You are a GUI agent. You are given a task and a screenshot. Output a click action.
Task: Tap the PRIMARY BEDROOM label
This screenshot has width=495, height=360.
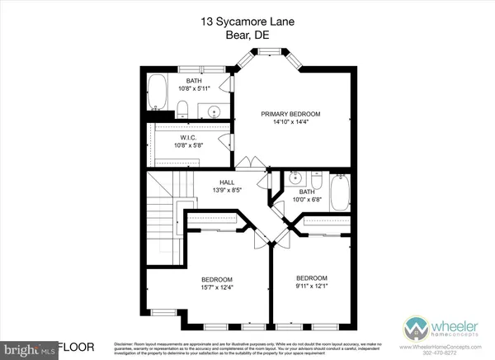(290, 114)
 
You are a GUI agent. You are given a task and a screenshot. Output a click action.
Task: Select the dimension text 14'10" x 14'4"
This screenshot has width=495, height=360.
(290, 122)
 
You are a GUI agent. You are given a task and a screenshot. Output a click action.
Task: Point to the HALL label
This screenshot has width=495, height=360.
(226, 182)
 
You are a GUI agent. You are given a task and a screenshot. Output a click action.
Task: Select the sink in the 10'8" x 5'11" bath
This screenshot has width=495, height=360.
(214, 109)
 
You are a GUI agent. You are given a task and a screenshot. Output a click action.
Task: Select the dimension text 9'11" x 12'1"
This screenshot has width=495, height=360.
(312, 286)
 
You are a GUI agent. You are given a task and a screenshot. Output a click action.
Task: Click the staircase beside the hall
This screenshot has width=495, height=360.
(163, 223)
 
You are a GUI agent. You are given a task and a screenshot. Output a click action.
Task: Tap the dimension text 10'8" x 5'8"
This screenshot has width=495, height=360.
(189, 146)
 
